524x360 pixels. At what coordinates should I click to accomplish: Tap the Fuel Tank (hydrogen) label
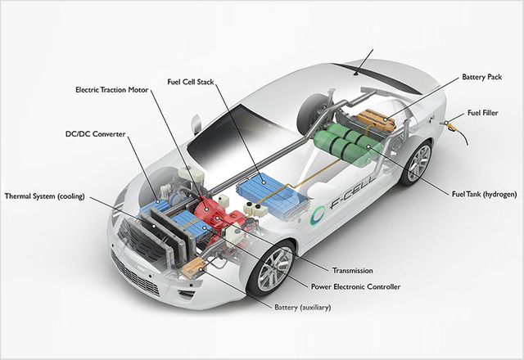point(483,193)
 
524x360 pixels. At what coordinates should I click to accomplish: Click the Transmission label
point(353,270)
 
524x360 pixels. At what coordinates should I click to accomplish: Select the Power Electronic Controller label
point(356,286)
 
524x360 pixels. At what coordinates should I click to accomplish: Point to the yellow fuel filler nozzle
point(452,125)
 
